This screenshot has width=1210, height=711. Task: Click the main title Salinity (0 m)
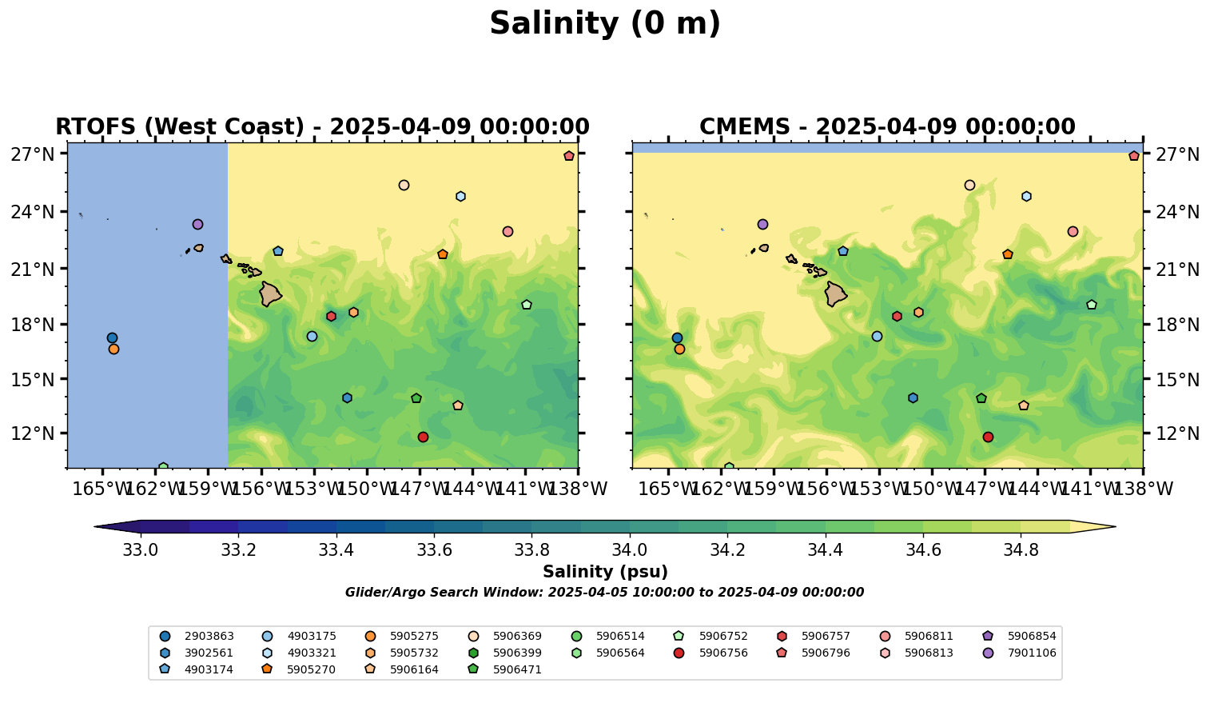(x=605, y=24)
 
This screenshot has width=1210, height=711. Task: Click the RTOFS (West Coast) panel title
(x=322, y=127)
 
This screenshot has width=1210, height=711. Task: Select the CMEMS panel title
(x=887, y=127)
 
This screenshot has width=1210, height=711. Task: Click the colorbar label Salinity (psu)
(x=605, y=572)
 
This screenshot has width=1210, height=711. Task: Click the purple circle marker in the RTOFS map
(x=197, y=225)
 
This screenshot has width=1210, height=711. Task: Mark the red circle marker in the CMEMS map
(x=988, y=437)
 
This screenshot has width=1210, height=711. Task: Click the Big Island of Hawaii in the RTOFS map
(x=270, y=294)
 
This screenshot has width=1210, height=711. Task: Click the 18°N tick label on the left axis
(x=33, y=326)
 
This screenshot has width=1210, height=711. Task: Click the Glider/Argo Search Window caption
(x=604, y=593)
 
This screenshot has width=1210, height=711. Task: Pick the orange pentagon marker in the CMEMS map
(x=1008, y=254)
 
